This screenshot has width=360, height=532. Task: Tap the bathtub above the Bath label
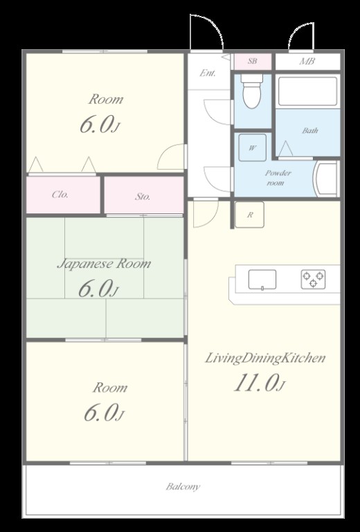point(308,91)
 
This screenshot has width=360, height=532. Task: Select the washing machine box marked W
point(252,148)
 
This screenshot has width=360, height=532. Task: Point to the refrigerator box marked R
point(249,215)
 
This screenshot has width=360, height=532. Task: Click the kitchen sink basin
point(262,280)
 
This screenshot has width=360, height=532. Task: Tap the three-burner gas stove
point(313,279)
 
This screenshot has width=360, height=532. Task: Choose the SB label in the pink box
point(252,61)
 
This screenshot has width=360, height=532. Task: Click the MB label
point(307,62)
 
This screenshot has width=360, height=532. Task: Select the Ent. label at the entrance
point(208,73)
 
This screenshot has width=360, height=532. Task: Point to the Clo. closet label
point(60,195)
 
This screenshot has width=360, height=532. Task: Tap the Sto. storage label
point(143,197)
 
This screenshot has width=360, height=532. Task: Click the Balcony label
point(183,487)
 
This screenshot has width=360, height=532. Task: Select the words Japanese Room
point(104,264)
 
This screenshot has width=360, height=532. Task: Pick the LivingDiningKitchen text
point(265,358)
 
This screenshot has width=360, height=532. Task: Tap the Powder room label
point(278,178)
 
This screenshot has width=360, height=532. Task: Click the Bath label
point(310,131)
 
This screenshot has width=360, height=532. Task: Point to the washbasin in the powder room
point(326,179)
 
